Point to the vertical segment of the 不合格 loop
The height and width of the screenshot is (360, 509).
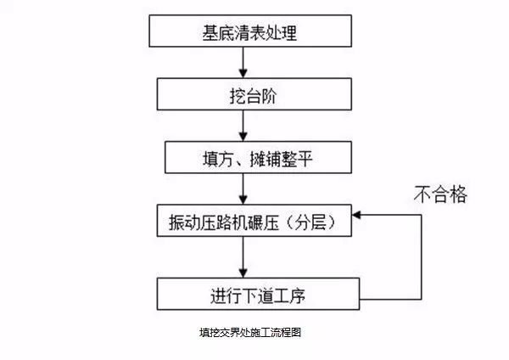click(421, 255)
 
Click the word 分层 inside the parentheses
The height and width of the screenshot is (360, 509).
click(305, 222)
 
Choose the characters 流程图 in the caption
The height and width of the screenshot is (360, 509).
click(286, 334)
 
